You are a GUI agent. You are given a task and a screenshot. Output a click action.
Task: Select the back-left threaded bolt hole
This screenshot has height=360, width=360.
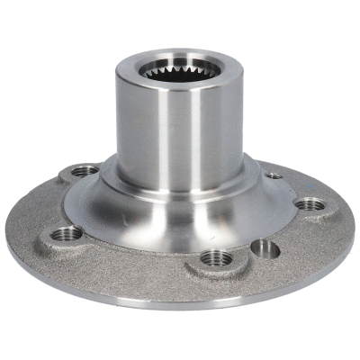tap(85, 169)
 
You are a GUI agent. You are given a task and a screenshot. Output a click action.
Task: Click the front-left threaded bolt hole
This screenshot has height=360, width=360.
tap(65, 234)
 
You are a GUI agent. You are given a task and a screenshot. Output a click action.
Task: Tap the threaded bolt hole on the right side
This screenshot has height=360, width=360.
tap(309, 203)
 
